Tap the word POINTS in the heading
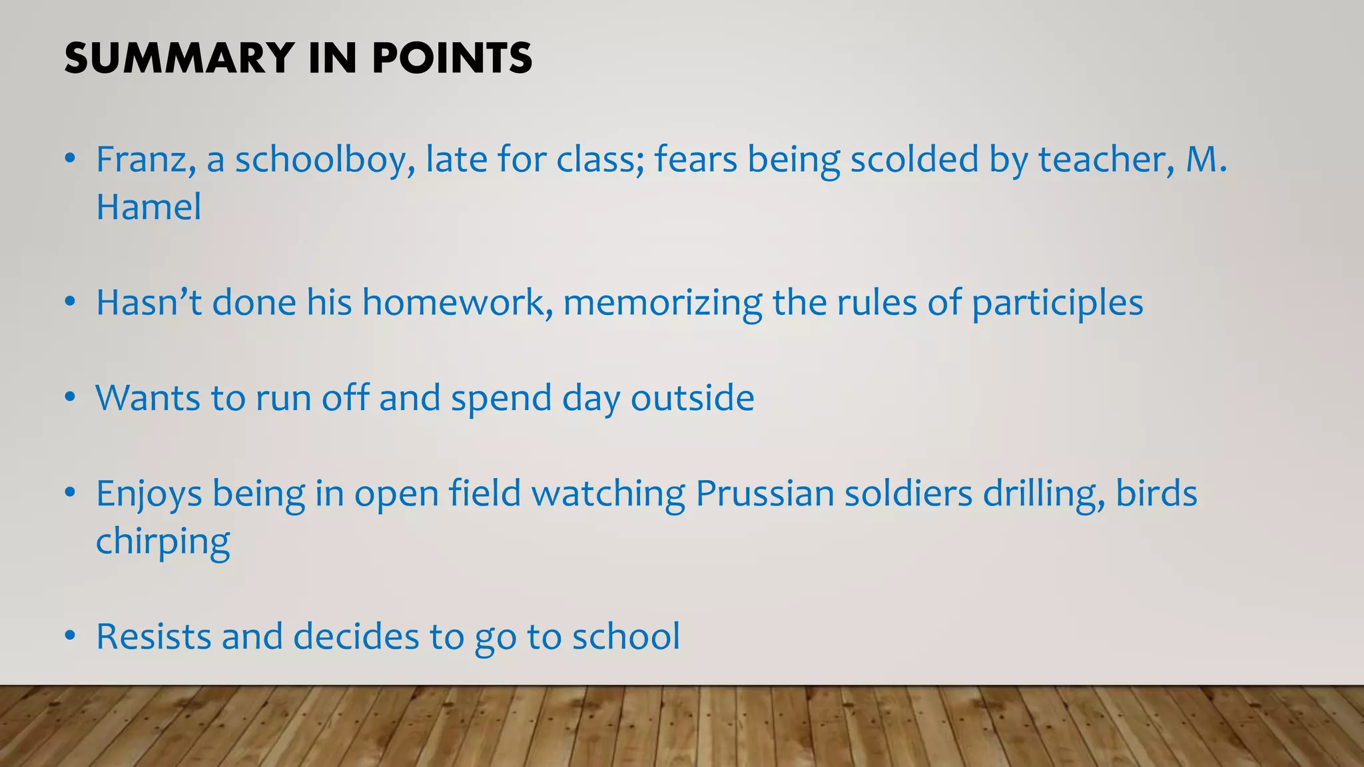coord(452,58)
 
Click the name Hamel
coord(149,207)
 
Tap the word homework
coord(457,303)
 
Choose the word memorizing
coord(662,303)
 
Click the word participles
coord(1057,303)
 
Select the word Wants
coord(148,398)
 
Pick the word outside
coord(692,398)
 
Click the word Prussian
coord(765,494)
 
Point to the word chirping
coord(163,542)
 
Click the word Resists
coord(154,637)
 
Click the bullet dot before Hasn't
coord(70,303)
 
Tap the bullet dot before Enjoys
coord(70,494)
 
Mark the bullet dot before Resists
coord(70,637)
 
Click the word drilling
coord(1044,494)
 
